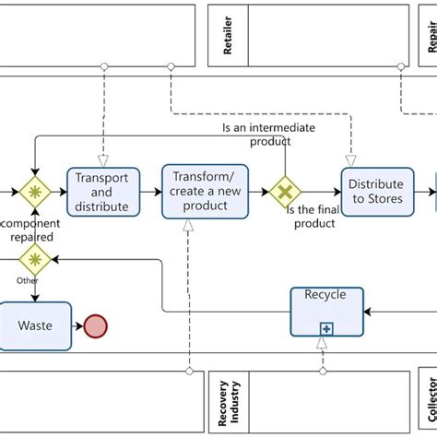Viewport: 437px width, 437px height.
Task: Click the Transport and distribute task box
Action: pos(102,192)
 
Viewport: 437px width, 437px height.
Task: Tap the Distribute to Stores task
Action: pos(377,192)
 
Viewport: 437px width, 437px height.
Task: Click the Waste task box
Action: pos(35,325)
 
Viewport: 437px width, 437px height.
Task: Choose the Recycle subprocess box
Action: pos(325,311)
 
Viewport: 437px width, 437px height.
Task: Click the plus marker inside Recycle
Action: pos(325,327)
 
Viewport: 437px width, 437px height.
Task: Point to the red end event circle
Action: pos(96,325)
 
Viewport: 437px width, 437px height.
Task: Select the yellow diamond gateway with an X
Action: pos(286,192)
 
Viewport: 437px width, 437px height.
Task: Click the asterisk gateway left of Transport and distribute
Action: pos(35,192)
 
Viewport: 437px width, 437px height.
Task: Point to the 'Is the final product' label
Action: pos(313,217)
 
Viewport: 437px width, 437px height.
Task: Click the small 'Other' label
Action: pos(28,280)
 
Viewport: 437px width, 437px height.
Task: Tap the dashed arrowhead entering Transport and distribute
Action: pos(102,160)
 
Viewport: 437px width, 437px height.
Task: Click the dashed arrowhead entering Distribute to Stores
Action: pos(350,160)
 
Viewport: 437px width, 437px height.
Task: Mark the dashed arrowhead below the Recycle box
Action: pos(322,343)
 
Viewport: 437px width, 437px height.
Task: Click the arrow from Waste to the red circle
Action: pos(78,325)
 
